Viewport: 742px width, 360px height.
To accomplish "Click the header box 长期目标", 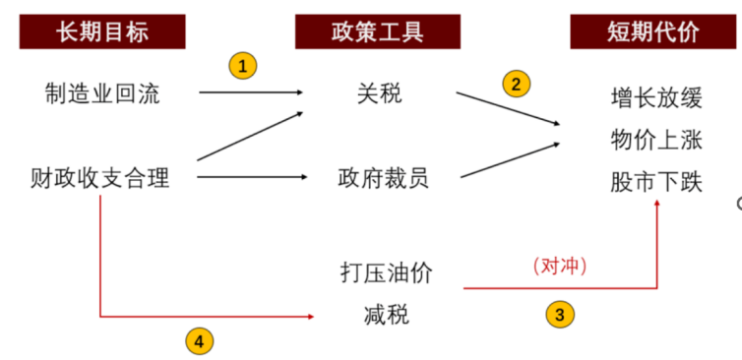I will (x=102, y=31).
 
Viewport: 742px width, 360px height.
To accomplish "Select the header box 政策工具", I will (x=378, y=31).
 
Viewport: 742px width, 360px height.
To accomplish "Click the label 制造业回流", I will (x=101, y=93).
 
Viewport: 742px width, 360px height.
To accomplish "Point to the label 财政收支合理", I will (x=101, y=178).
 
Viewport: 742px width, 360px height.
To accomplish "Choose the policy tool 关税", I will (x=379, y=93).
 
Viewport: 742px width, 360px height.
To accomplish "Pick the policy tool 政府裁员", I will (x=383, y=178).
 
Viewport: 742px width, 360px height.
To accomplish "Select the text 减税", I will (x=385, y=315).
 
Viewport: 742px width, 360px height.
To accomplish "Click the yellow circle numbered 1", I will (x=243, y=66).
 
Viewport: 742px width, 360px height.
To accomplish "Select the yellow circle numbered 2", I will (x=517, y=82).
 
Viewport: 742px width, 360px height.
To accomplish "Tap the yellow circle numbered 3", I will (x=559, y=314).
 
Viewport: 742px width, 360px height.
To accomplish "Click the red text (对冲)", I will (x=558, y=266).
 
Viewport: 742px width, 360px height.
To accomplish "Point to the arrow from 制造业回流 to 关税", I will (x=251, y=93).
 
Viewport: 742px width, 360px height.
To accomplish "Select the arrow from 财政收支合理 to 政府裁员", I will (x=251, y=178).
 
